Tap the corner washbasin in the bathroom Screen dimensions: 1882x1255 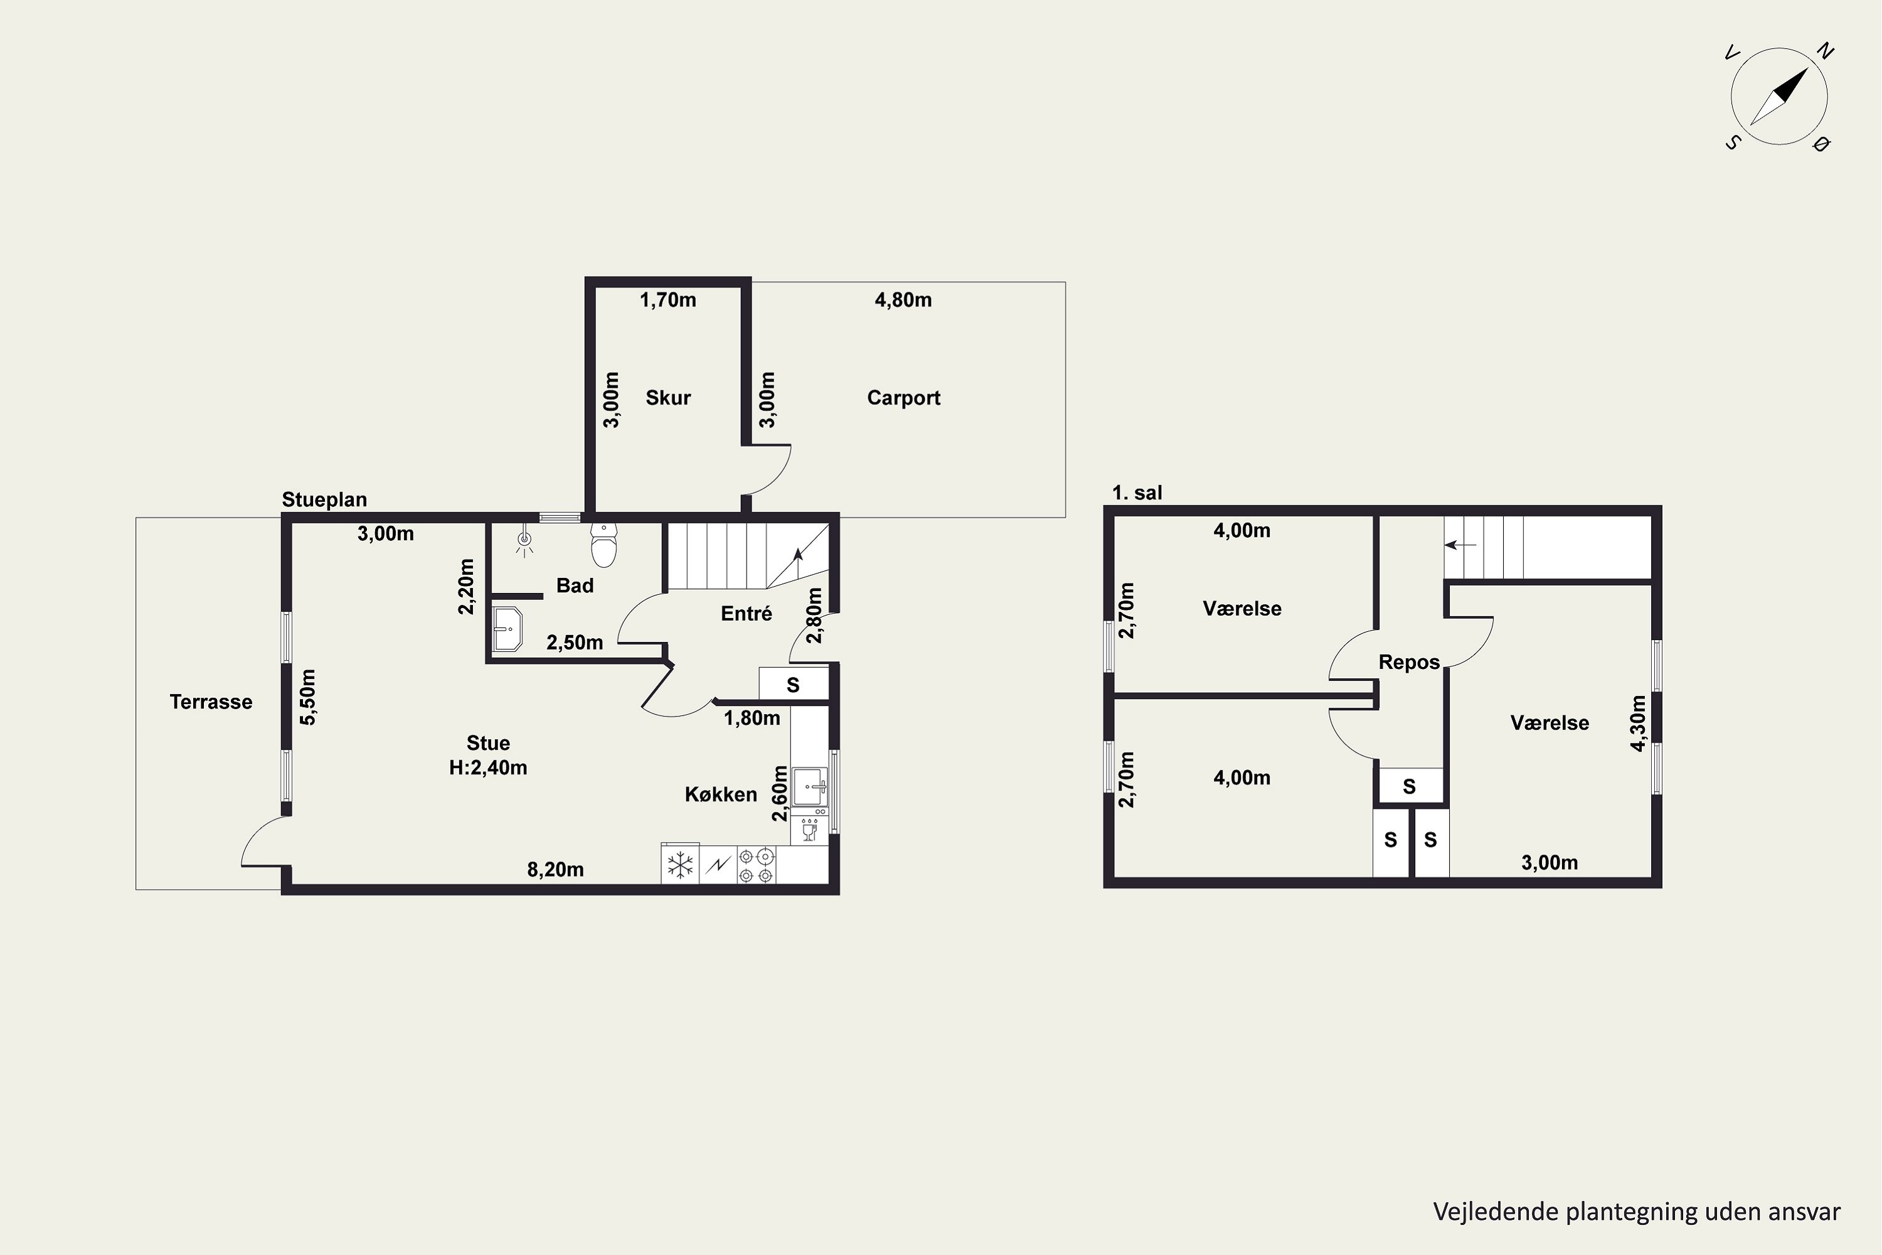506,629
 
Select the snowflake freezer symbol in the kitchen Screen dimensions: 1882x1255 680,865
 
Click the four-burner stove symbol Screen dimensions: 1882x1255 756,865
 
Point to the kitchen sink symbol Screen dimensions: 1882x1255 810,787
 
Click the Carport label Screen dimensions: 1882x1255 903,398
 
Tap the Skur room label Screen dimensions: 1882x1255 668,398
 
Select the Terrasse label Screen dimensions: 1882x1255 211,702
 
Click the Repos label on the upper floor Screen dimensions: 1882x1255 1409,663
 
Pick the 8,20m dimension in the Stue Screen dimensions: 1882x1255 555,869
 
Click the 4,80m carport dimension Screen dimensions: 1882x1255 903,300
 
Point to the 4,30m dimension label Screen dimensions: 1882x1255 1638,724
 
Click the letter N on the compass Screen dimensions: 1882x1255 1824,51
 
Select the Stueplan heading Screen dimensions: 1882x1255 324,499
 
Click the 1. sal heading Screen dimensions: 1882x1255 1137,493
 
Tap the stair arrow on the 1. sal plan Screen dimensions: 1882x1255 1460,545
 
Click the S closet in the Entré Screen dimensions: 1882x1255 793,685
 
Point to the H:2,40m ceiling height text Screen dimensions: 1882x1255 488,768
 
